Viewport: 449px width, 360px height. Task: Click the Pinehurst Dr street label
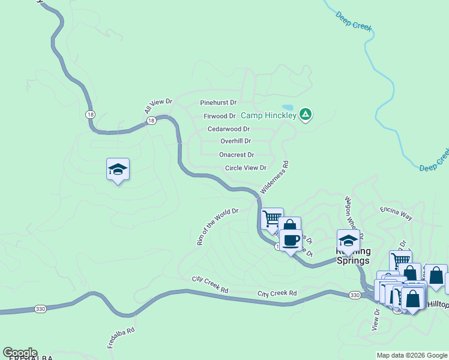[218, 103]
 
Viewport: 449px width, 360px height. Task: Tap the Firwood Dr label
[219, 116]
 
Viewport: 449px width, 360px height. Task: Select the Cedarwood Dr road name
[228, 129]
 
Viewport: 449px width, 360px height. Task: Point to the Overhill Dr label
[235, 142]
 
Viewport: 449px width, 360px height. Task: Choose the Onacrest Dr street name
[237, 155]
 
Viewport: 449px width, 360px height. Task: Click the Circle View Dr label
[245, 168]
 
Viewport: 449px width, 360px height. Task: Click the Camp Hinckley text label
[268, 115]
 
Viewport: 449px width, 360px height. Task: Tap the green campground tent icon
[306, 114]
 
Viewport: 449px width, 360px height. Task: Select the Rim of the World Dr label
[217, 227]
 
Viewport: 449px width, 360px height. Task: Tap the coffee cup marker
[291, 240]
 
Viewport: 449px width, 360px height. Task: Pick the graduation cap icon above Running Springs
[348, 241]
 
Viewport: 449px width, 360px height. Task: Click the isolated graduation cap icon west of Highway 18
[118, 170]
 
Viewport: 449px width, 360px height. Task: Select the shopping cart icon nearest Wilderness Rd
[273, 218]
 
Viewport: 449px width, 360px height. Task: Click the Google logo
[19, 353]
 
